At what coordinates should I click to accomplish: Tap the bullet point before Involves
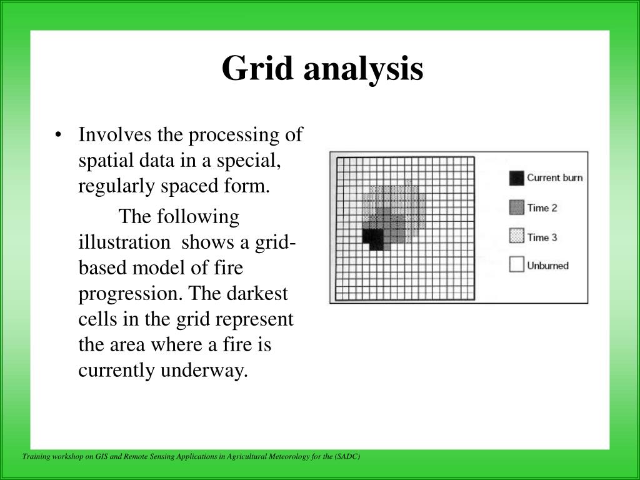[x=58, y=136]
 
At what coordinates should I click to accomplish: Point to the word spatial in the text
[x=100, y=160]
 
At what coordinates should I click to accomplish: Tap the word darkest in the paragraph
[x=259, y=293]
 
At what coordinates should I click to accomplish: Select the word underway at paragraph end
[x=204, y=370]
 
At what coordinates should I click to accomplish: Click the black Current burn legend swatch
[x=516, y=178]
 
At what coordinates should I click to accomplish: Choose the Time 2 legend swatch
[x=516, y=207]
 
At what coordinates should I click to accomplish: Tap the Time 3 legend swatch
[x=516, y=236]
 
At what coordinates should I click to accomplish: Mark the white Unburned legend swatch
[x=516, y=265]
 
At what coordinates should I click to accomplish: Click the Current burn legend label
[x=554, y=177]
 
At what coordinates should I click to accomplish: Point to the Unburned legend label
[x=547, y=266]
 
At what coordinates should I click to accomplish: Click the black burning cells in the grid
[x=373, y=237]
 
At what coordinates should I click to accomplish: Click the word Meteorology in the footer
[x=301, y=457]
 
